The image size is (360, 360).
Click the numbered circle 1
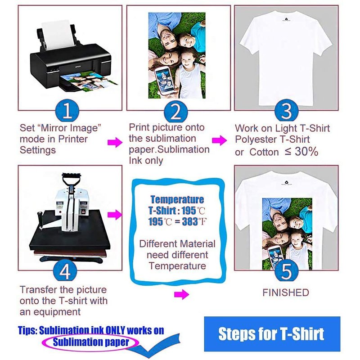click(x=67, y=112)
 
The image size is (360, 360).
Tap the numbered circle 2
click(x=176, y=112)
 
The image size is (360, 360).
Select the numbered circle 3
click(x=286, y=112)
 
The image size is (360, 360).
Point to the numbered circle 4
click(x=65, y=271)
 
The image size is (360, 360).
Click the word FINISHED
click(x=286, y=293)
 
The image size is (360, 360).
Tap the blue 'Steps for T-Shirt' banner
click(x=272, y=334)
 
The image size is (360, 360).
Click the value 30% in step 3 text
click(x=306, y=152)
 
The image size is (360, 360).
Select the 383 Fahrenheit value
click(x=194, y=222)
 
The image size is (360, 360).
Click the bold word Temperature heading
click(x=177, y=199)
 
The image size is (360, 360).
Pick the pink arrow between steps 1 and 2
click(x=115, y=142)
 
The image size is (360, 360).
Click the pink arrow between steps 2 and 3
click(x=219, y=140)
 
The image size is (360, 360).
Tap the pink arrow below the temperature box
click(x=181, y=294)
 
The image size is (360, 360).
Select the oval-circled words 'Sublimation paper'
click(x=91, y=342)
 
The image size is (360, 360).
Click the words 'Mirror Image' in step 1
click(x=71, y=128)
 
